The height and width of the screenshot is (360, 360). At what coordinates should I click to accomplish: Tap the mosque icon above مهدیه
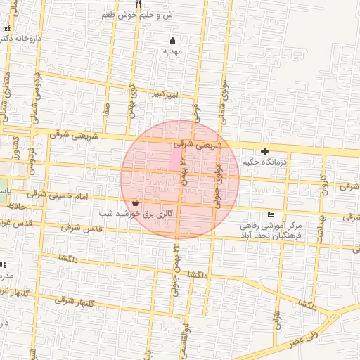pyautogui.click(x=173, y=40)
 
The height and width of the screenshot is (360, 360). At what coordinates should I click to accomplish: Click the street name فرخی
pyautogui.click(x=198, y=112)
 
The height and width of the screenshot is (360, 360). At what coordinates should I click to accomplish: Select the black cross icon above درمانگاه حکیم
pyautogui.click(x=264, y=151)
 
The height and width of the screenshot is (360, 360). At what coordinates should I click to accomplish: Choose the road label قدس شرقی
pyautogui.click(x=82, y=229)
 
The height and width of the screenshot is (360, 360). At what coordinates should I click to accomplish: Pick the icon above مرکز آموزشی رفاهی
pyautogui.click(x=271, y=214)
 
